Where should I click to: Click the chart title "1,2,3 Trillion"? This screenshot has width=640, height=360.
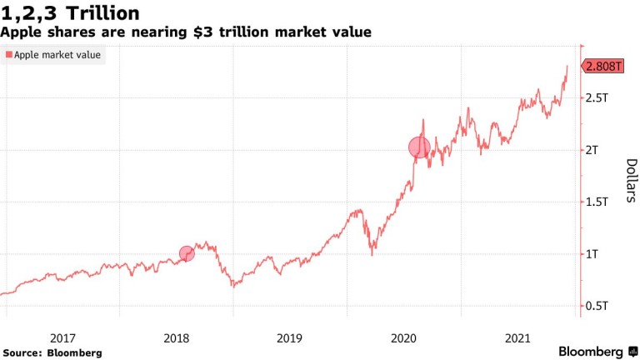pos(70,13)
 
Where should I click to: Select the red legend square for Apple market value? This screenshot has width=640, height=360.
pos(9,55)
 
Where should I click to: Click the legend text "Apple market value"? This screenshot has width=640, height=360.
pos(57,55)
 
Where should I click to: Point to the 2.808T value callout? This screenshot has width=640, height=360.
pos(603,66)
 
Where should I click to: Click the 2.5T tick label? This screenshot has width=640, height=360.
pos(597,98)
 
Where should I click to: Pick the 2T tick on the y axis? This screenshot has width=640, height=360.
pos(592,150)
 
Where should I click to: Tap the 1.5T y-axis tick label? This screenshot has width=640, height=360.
pos(597,202)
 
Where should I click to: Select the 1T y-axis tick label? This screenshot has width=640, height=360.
pos(592,254)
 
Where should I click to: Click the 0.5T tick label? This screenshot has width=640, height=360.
pos(597,307)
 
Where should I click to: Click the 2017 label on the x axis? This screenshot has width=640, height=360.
pos(62,337)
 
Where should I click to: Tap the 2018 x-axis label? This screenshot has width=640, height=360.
pos(176,337)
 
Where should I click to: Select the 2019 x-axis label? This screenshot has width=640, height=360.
pos(290,337)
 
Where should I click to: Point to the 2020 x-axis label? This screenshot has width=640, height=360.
pos(404,337)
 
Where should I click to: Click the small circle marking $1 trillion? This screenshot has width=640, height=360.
pos(187,253)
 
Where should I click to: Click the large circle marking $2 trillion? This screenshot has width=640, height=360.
pos(419,147)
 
